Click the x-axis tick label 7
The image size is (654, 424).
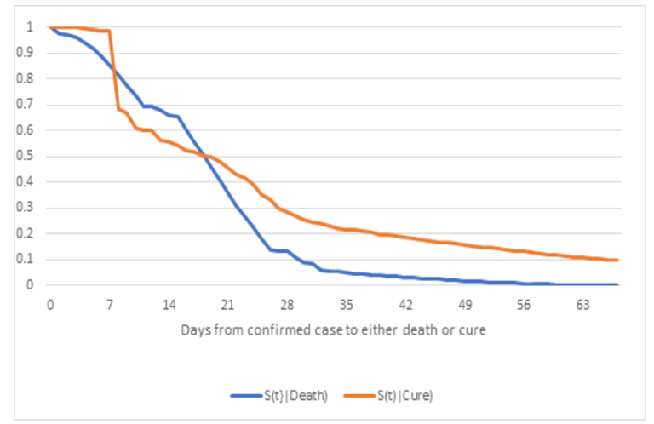[x=110, y=302]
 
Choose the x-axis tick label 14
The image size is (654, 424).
[x=169, y=302]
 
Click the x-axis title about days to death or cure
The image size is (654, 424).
[x=333, y=329]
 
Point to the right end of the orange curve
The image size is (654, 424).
[x=618, y=260]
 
